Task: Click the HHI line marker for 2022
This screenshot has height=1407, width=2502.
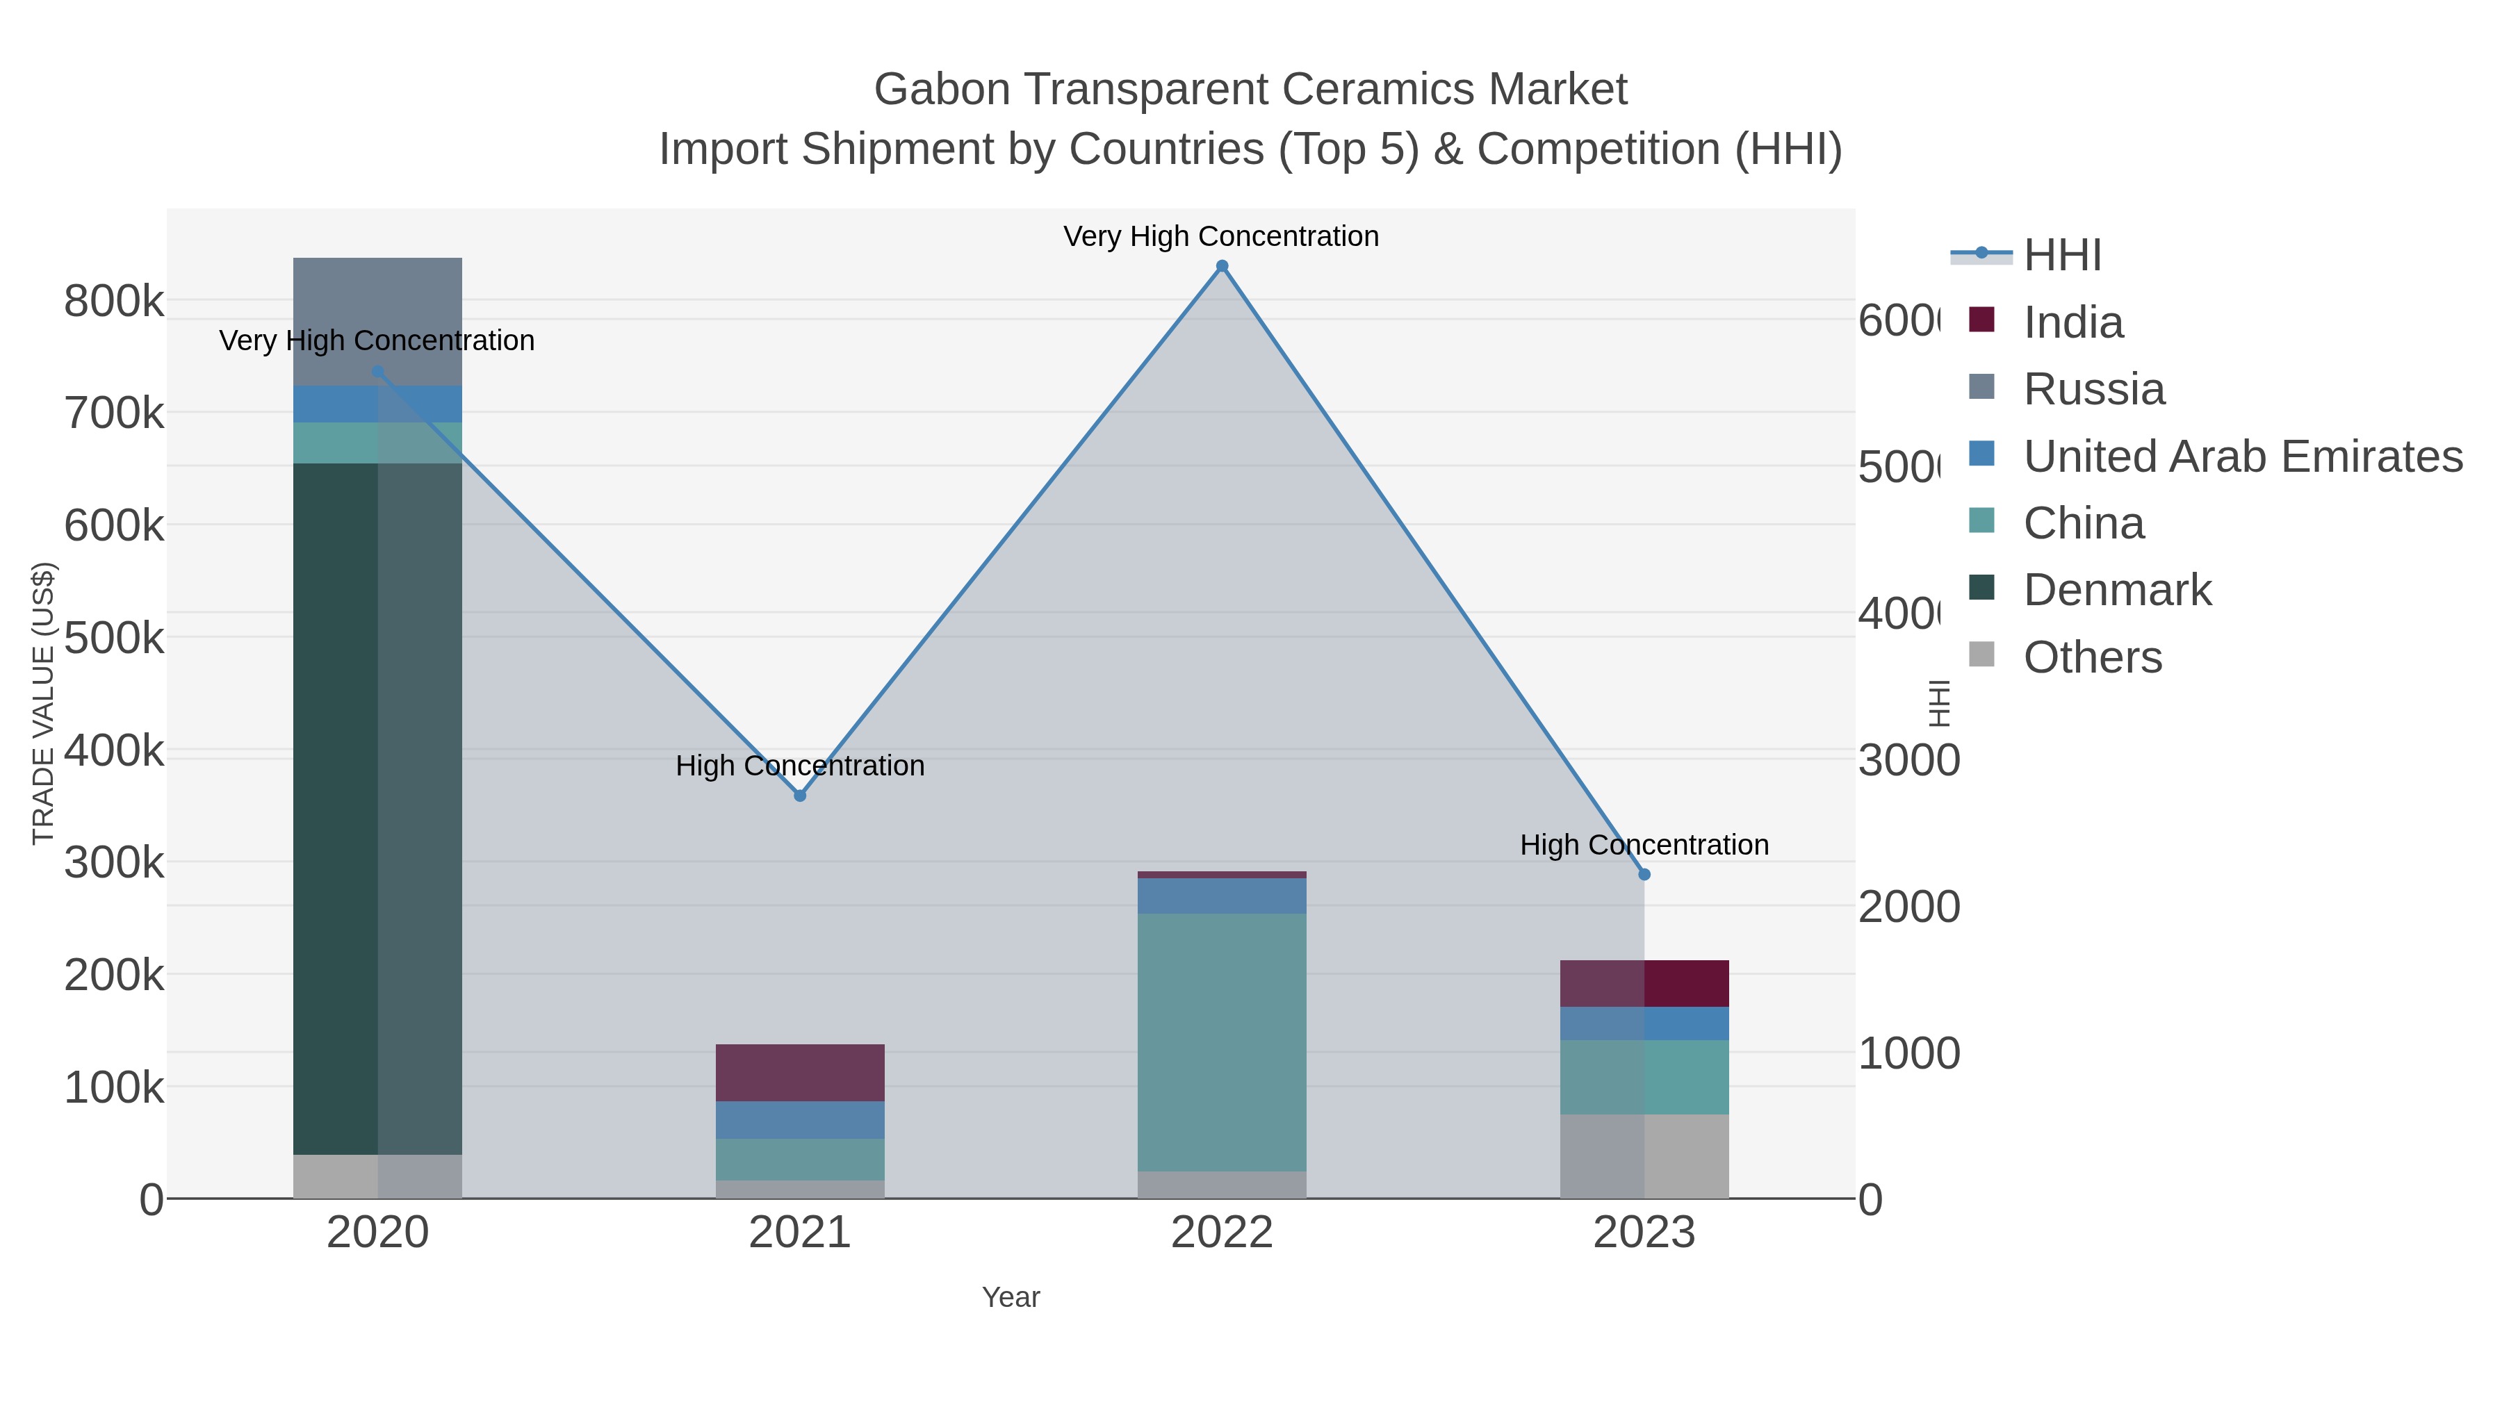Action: pyautogui.click(x=1222, y=266)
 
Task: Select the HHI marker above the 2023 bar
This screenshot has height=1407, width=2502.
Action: pyautogui.click(x=1644, y=874)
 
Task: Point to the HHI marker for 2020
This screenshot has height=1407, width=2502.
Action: pyautogui.click(x=378, y=371)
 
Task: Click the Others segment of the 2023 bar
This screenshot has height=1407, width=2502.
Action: pyautogui.click(x=1644, y=1155)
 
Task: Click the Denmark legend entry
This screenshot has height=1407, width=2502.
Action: pyautogui.click(x=2118, y=589)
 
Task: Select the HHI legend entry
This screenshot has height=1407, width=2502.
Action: pyautogui.click(x=2062, y=254)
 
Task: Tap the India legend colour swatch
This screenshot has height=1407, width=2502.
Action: pyautogui.click(x=1981, y=320)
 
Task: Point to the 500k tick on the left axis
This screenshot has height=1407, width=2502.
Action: pyautogui.click(x=114, y=638)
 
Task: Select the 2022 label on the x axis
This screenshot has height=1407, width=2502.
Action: pyautogui.click(x=1222, y=1232)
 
